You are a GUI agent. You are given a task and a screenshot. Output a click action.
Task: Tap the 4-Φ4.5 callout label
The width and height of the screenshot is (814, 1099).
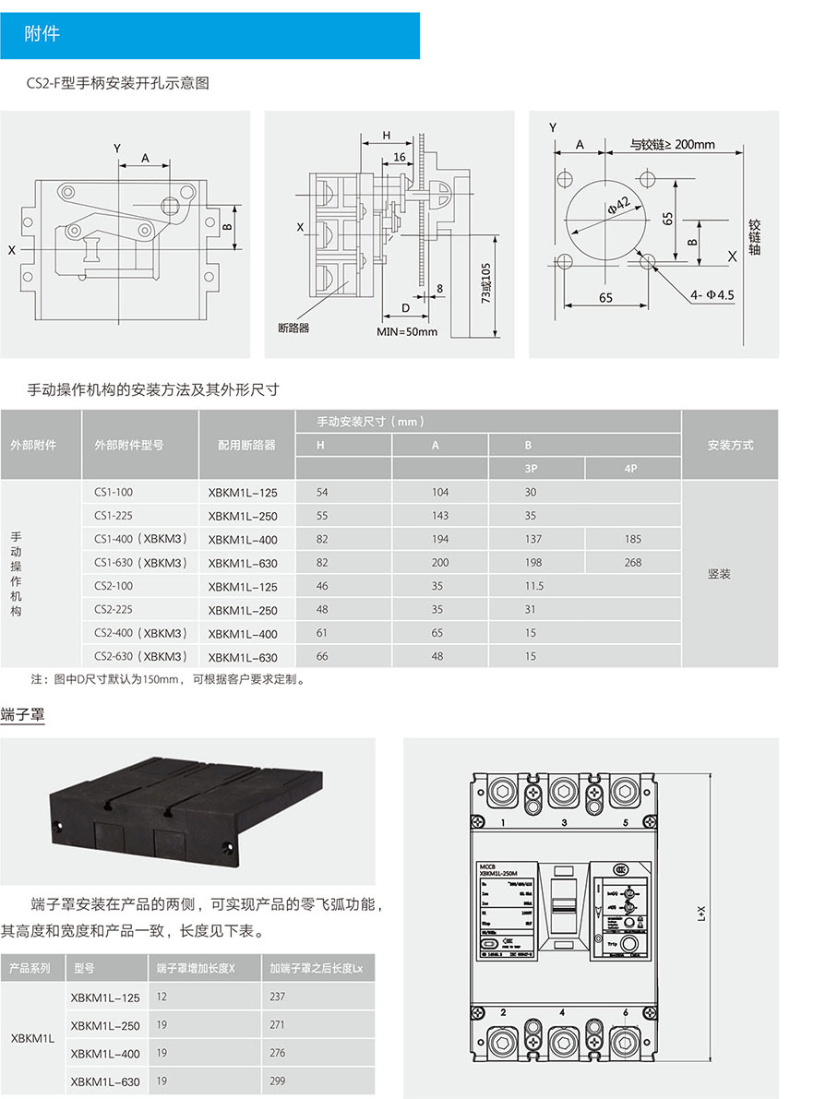711,295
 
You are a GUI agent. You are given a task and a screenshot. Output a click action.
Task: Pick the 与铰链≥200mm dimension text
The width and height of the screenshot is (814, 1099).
673,145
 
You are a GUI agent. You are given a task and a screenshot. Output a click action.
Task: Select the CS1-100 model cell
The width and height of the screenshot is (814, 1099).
114,493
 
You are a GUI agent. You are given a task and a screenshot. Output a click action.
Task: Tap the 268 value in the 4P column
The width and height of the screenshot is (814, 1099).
632,563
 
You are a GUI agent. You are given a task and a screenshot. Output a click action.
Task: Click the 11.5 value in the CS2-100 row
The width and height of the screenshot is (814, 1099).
534,586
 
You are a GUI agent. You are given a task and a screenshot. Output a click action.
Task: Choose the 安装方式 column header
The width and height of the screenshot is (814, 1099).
730,445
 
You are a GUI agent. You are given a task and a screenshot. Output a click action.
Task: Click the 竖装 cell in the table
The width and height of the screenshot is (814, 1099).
720,574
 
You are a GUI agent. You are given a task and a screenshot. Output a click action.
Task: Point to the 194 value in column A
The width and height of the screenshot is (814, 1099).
440,539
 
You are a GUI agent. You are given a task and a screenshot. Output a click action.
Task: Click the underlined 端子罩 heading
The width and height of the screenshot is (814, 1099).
22,715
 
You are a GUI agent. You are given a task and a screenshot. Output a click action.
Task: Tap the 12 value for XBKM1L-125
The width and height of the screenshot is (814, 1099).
162,997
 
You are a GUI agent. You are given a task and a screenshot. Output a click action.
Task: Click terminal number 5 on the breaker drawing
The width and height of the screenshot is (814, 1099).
626,822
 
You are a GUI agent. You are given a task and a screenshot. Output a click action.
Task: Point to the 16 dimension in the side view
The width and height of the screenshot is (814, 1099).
399,158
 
